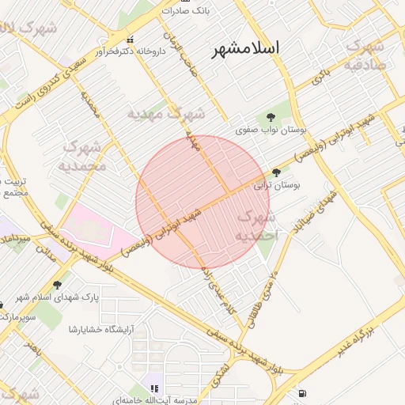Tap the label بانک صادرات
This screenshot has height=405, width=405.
184,11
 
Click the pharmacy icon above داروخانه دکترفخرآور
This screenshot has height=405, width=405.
131,40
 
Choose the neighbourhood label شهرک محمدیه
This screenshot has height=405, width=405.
81,157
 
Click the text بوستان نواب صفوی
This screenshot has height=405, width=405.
271,129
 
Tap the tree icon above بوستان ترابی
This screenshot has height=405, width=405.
276,172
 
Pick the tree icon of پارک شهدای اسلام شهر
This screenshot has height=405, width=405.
57,284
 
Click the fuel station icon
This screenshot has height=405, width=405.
302,393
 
